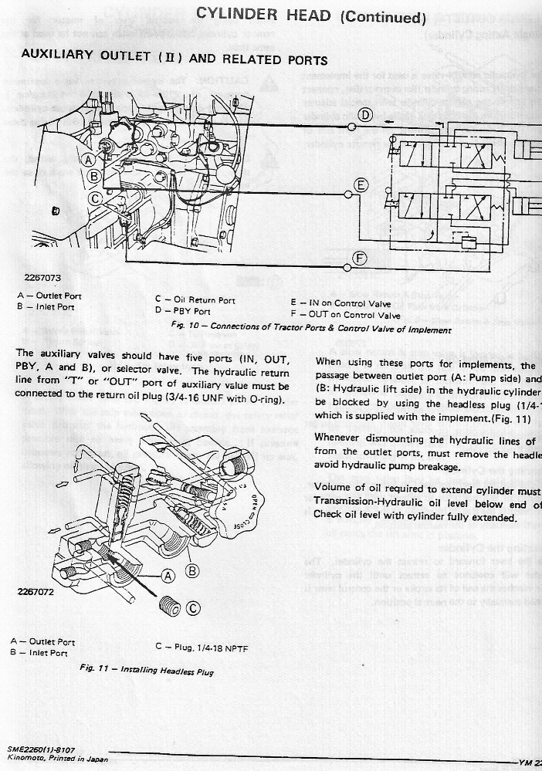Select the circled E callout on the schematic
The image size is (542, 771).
pyautogui.click(x=359, y=184)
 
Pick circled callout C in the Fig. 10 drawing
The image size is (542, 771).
pyautogui.click(x=95, y=198)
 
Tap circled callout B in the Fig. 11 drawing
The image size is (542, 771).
pyautogui.click(x=193, y=571)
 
